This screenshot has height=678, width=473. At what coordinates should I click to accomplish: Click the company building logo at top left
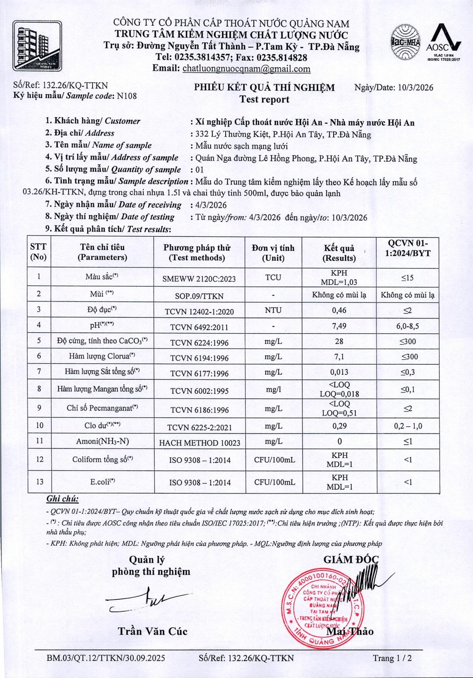tap(37, 46)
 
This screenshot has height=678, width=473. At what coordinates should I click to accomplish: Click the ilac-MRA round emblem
tap(406, 42)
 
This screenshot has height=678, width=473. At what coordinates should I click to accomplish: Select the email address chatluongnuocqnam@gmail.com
tap(246, 69)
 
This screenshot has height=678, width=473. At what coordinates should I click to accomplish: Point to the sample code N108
tap(127, 96)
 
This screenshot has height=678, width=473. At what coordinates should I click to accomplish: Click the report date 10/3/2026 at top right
tap(416, 88)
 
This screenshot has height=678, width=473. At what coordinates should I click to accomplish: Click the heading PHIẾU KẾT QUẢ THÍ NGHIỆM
tap(265, 88)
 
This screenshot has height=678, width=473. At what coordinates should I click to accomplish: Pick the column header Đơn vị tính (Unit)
tap(273, 253)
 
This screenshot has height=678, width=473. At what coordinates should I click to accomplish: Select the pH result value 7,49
tap(339, 326)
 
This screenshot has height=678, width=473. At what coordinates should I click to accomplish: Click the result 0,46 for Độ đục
tap(339, 310)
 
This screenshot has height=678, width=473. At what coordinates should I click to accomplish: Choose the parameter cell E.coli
tap(103, 482)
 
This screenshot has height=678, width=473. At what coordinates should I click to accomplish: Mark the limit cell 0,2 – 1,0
tap(408, 426)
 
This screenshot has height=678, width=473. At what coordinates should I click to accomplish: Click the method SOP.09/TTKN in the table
tap(199, 296)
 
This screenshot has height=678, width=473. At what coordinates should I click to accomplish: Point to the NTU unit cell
tap(273, 310)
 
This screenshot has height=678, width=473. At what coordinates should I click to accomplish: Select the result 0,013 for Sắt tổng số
tap(339, 372)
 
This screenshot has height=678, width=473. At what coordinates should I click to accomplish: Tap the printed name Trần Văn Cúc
tap(152, 631)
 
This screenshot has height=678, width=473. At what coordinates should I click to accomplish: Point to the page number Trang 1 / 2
tap(392, 658)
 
